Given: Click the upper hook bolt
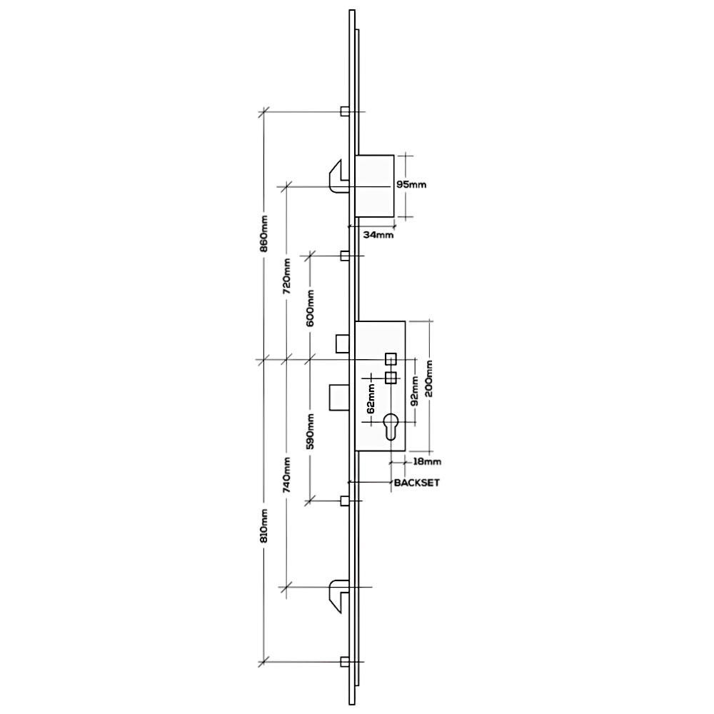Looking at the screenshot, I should [x=338, y=174].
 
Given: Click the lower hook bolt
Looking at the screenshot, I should [x=338, y=595].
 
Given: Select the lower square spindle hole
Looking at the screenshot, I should [x=391, y=378].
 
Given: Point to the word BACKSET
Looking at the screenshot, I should [x=416, y=483].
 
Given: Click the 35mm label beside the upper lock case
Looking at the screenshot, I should [x=412, y=185].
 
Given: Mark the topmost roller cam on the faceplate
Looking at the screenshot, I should [x=343, y=111].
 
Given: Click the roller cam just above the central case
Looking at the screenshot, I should [x=344, y=254].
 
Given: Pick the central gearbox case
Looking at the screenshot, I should [x=381, y=386].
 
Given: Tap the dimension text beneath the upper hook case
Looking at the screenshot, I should [x=378, y=233].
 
